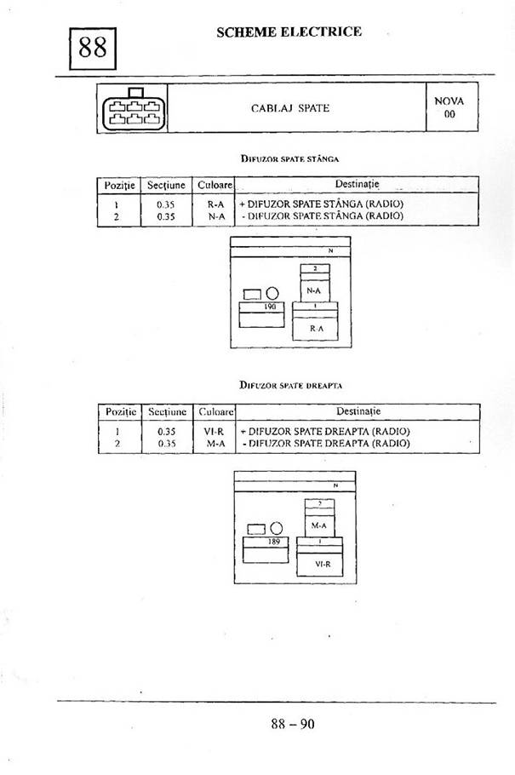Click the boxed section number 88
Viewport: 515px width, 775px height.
[92, 48]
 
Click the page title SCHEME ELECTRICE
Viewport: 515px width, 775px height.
[289, 32]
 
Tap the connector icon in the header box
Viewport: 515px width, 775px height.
[133, 109]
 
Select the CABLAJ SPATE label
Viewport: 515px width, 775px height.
[290, 109]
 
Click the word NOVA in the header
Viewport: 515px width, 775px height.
[449, 100]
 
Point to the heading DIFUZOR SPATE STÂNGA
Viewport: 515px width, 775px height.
[290, 158]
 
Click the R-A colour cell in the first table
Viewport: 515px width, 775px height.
[215, 204]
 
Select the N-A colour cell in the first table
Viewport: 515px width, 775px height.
[215, 216]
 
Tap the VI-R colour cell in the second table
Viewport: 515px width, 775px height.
[214, 432]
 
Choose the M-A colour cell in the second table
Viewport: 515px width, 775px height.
[214, 444]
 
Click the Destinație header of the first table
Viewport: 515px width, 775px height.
[358, 184]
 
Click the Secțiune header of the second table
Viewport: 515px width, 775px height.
[167, 411]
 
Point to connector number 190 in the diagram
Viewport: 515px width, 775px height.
[271, 305]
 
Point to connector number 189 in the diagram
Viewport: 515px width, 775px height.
[274, 542]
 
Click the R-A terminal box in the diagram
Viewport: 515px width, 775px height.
[316, 327]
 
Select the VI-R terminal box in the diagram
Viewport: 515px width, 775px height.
[323, 564]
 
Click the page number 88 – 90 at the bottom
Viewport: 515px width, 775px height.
[293, 725]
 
